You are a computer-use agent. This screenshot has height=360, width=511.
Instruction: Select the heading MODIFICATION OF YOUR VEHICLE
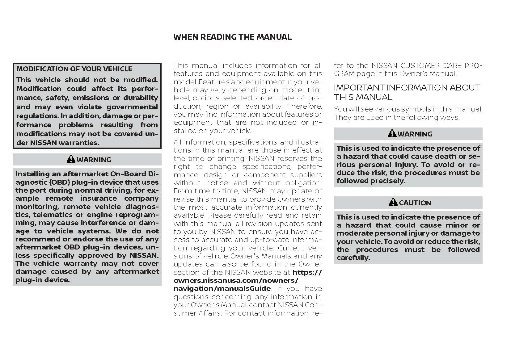pyautogui.click(x=74, y=69)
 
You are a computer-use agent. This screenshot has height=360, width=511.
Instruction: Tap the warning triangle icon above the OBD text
pyautogui.click(x=71, y=159)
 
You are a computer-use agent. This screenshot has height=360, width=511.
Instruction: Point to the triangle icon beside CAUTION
pyautogui.click(x=393, y=203)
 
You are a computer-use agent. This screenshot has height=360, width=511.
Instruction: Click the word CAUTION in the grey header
pyautogui.click(x=415, y=203)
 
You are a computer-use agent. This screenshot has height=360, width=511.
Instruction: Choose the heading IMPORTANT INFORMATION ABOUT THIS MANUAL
pyautogui.click(x=407, y=92)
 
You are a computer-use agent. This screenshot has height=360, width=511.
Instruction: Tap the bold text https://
pyautogui.click(x=307, y=272)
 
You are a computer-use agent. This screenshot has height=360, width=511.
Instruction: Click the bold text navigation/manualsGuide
pyautogui.click(x=222, y=288)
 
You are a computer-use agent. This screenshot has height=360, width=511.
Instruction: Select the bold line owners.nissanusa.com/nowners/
pyautogui.click(x=236, y=280)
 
